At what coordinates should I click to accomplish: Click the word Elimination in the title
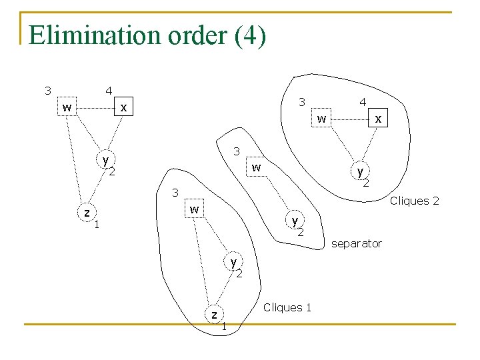(x=81, y=35)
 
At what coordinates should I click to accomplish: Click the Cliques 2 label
(x=414, y=201)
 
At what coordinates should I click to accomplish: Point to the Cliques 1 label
(x=287, y=307)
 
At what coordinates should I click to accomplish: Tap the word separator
(x=357, y=244)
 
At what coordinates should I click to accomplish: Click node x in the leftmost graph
(x=123, y=107)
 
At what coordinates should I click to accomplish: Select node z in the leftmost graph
(x=87, y=213)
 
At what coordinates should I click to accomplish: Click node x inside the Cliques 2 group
(x=379, y=119)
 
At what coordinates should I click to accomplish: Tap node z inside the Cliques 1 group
(x=214, y=313)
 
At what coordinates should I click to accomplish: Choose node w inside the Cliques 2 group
(x=322, y=119)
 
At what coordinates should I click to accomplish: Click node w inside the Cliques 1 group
(x=193, y=210)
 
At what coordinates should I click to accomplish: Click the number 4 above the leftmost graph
(x=108, y=91)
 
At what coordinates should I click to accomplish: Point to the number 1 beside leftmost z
(x=97, y=224)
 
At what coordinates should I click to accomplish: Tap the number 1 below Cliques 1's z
(x=224, y=326)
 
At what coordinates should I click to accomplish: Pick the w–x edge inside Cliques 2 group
(x=350, y=119)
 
